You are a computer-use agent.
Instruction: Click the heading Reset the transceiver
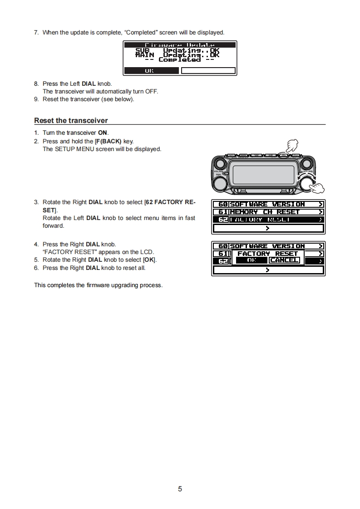[71, 121]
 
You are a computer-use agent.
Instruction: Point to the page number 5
[180, 489]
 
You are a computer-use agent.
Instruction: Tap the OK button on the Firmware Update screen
[150, 71]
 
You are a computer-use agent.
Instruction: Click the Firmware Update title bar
[180, 45]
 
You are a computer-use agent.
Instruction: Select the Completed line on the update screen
[180, 60]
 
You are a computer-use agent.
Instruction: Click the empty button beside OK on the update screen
[208, 71]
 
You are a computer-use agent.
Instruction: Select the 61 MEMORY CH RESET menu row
[268, 212]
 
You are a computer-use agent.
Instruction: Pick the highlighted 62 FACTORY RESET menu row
[268, 220]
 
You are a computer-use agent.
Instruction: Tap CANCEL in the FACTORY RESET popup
[284, 260]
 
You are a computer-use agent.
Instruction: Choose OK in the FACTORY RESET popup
[252, 260]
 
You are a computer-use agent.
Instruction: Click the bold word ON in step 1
[103, 133]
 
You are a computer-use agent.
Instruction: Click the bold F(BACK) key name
[108, 141]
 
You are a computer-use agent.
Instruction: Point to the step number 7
[36, 32]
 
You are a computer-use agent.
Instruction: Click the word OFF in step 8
[152, 92]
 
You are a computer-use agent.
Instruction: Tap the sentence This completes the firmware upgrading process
[98, 285]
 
